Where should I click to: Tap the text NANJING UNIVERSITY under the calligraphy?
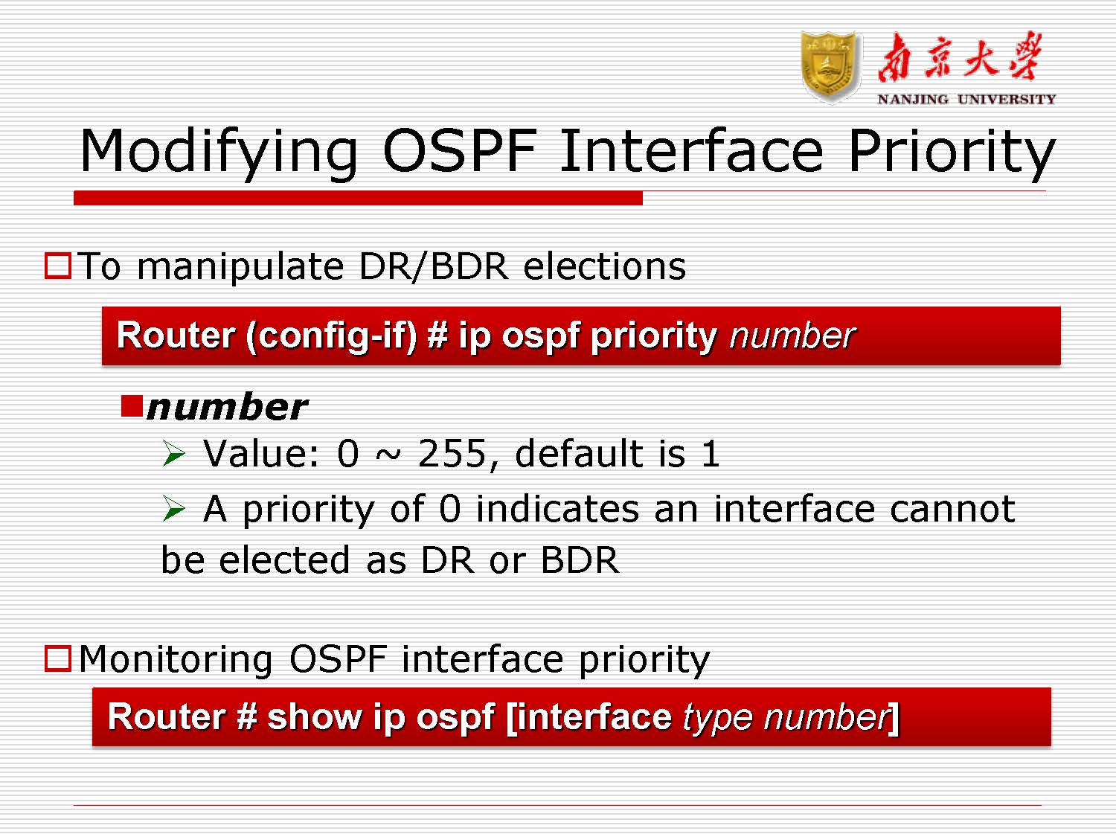tap(966, 99)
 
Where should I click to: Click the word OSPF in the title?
tap(458, 151)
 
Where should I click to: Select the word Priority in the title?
tap(951, 151)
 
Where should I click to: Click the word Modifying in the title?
tap(219, 151)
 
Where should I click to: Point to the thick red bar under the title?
tap(357, 198)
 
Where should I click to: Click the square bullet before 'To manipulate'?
tap(58, 266)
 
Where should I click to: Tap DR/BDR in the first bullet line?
tap(433, 266)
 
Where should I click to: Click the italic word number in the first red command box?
tap(792, 336)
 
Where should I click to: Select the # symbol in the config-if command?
tap(437, 336)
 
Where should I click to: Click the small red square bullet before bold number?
tap(132, 406)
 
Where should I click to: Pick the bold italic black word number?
tap(227, 408)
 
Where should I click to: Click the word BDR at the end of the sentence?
tap(580, 560)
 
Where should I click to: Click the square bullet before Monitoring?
tap(58, 658)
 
